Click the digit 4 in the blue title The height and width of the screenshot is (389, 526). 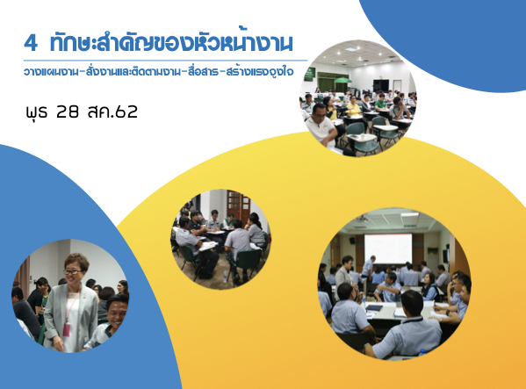31,43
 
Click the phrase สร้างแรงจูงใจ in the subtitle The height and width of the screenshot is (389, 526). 260,72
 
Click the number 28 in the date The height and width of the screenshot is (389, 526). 68,112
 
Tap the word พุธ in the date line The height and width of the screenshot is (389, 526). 37,112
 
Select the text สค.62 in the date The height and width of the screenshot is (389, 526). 112,112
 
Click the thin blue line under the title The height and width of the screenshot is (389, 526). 165,61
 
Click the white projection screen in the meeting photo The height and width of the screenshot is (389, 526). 388,249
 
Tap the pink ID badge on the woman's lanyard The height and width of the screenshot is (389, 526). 66,329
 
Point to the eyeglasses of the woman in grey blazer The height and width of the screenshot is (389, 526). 72,271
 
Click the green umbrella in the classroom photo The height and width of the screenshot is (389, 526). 342,80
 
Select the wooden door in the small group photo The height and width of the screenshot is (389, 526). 239,205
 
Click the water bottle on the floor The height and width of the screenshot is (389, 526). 225,277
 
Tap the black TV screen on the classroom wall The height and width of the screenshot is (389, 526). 381,85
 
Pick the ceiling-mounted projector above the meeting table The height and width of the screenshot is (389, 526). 362,220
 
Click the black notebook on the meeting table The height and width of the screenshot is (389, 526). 374,307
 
